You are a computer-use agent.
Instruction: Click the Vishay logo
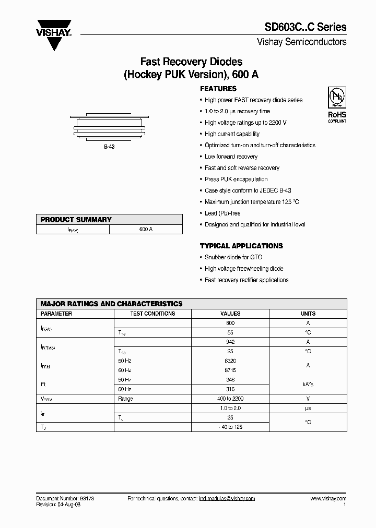tap(53, 33)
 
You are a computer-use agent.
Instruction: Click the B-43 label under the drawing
tap(109, 147)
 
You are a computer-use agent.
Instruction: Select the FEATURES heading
tap(218, 89)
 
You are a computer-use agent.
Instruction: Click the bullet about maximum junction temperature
tap(252, 202)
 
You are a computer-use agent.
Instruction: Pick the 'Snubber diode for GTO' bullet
tap(233, 257)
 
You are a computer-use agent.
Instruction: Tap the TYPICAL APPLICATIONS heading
tap(241, 246)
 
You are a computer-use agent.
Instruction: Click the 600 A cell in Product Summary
tap(146, 229)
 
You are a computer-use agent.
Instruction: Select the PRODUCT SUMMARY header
tap(76, 220)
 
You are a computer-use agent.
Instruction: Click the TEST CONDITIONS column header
tap(152, 314)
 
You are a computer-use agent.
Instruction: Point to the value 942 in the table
tap(230, 342)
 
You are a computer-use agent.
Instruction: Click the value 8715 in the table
tap(230, 370)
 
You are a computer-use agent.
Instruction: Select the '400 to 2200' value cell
tap(230, 399)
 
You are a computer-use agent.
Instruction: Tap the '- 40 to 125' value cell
tap(230, 427)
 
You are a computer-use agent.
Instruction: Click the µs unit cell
tap(308, 408)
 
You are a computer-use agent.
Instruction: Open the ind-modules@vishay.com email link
tap(227, 499)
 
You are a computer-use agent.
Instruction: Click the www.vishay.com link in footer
tap(328, 499)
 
